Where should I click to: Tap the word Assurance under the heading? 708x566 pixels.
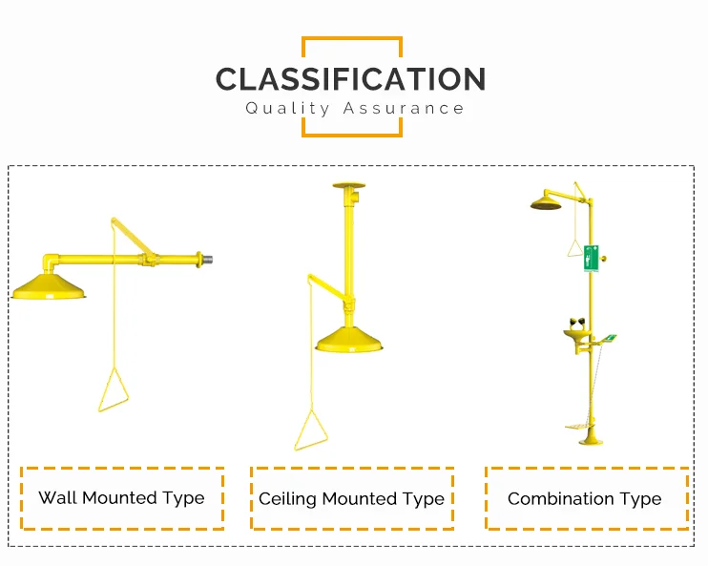pyautogui.click(x=405, y=108)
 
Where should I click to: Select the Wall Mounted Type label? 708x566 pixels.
pyautogui.click(x=121, y=497)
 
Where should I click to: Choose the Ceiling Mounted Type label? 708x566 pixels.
pyautogui.click(x=351, y=499)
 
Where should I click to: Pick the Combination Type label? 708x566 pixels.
pyautogui.click(x=584, y=498)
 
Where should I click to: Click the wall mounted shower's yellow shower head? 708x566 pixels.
pyautogui.click(x=49, y=285)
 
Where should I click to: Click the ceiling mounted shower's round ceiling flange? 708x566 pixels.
pyautogui.click(x=348, y=185)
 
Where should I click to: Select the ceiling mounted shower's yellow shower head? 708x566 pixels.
pyautogui.click(x=350, y=340)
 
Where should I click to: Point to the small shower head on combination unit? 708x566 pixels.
pyautogui.click(x=547, y=203)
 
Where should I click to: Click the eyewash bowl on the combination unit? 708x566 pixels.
pyautogui.click(x=576, y=334)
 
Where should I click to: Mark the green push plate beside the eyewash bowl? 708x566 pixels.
pyautogui.click(x=608, y=337)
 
